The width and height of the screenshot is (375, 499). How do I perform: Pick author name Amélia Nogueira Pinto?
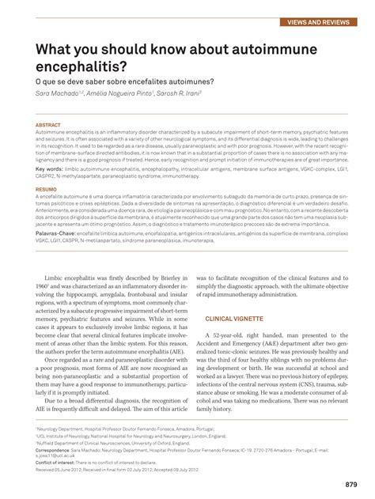tap(119, 93)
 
